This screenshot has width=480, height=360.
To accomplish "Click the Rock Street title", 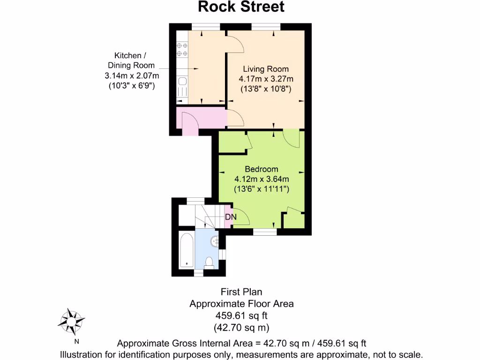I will [x=241, y=7].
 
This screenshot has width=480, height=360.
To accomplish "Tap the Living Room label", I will [x=265, y=69].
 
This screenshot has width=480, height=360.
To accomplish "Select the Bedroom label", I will [x=262, y=169].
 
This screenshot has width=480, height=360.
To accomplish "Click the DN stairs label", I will [x=231, y=217].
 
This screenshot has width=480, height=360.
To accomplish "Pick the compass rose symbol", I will [x=71, y=321].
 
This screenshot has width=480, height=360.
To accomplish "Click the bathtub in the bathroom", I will [x=187, y=250].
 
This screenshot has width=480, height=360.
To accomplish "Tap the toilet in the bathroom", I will [x=210, y=263].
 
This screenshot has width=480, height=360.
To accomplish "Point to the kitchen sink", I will [x=182, y=87].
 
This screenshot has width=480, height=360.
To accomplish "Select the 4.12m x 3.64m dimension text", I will [x=262, y=179].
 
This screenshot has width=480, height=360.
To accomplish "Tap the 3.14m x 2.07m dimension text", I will [x=132, y=76].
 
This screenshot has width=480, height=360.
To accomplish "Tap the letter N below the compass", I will [x=77, y=341].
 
